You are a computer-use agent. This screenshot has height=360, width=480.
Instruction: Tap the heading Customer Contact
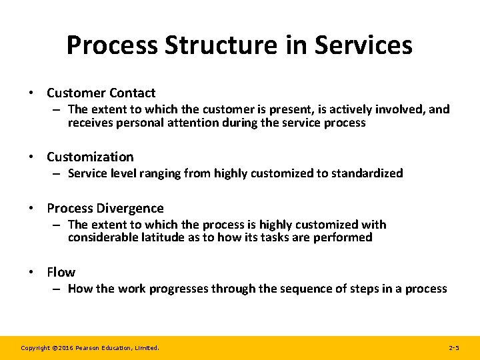pos(101,93)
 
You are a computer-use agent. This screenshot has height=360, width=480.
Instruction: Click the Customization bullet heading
pos(90,157)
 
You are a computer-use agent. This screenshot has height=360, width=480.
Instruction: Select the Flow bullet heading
pos(61,272)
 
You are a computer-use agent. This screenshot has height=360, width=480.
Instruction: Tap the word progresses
pos(179,289)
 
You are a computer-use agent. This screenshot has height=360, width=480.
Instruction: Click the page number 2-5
pos(454,348)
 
